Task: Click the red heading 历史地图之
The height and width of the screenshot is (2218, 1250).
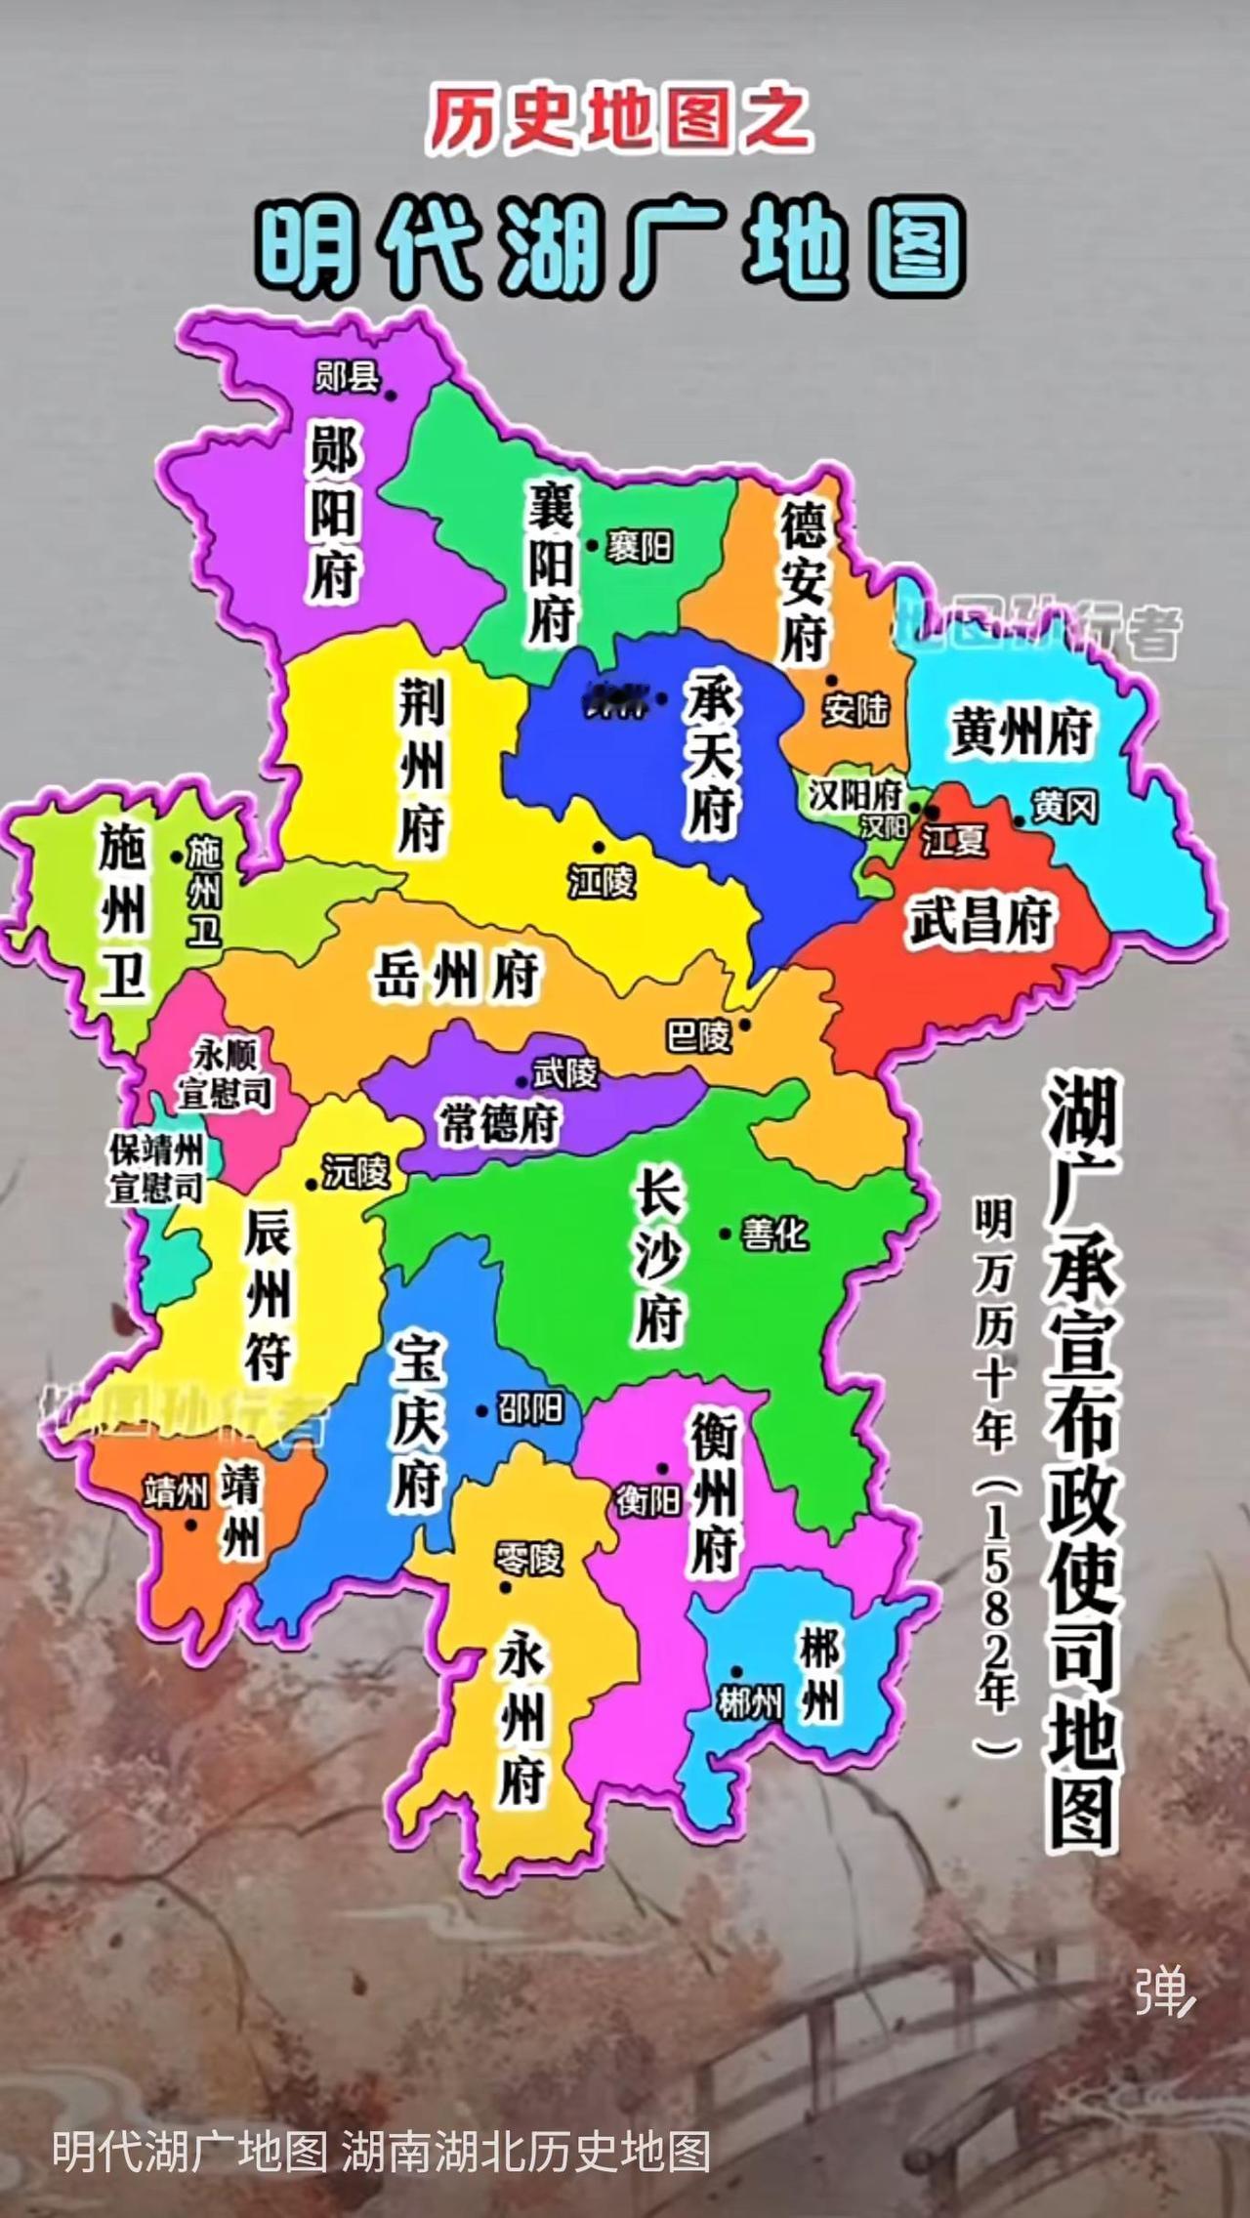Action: (x=619, y=120)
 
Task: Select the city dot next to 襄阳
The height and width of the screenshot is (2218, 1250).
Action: (x=592, y=546)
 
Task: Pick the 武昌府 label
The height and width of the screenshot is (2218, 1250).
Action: (x=980, y=920)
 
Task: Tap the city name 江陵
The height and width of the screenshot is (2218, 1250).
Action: (x=603, y=882)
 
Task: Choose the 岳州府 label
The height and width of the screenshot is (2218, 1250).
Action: (x=456, y=974)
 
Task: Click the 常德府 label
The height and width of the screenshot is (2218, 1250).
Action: (x=499, y=1123)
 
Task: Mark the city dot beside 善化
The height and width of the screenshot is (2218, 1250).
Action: (x=726, y=1235)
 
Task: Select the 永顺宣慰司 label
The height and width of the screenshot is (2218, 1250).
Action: (x=225, y=1074)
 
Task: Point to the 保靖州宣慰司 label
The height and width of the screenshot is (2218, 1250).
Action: (x=156, y=1169)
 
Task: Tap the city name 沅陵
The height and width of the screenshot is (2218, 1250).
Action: (x=356, y=1171)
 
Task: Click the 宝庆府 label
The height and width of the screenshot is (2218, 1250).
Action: (x=417, y=1421)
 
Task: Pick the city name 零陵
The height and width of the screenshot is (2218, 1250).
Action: (x=528, y=1558)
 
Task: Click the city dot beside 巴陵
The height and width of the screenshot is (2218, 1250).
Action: (x=745, y=1025)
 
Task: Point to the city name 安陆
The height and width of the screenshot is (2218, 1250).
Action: (x=854, y=710)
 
